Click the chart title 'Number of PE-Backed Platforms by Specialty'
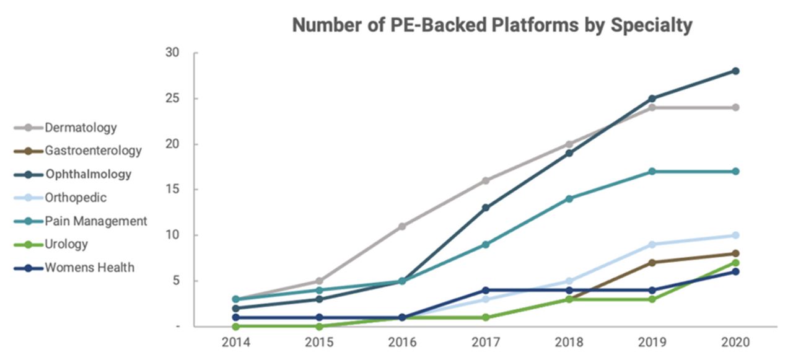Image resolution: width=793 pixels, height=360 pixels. point(492,25)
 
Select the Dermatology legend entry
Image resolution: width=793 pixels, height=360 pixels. point(81,128)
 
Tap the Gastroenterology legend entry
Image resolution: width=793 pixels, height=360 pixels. point(93,151)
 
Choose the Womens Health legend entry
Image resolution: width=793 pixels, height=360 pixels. point(89,268)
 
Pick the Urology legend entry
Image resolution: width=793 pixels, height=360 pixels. point(66,244)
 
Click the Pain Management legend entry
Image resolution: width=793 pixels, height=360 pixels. point(95,221)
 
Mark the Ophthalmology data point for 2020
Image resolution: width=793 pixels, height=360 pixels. point(735,71)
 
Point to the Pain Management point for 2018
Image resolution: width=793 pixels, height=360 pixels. point(568,199)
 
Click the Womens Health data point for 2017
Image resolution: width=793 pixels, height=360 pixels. point(485,290)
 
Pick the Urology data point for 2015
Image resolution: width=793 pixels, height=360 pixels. point(319,326)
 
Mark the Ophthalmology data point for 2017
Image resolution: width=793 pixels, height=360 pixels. point(485,208)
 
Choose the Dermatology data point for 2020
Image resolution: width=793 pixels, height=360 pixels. point(735,107)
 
